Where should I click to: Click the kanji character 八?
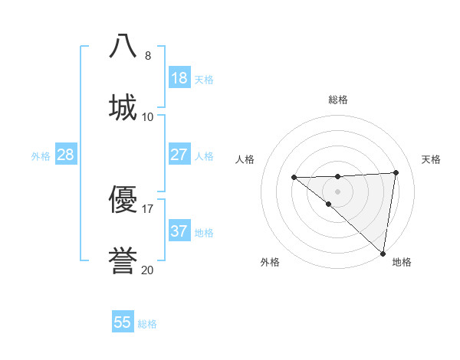(x=123, y=45)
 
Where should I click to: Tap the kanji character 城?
(x=123, y=106)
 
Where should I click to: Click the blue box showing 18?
(x=179, y=78)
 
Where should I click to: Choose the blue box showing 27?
(x=179, y=155)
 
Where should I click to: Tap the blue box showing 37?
(x=179, y=231)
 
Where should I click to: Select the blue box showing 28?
(x=66, y=155)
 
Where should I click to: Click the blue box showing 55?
(x=123, y=322)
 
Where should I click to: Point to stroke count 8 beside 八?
(x=148, y=55)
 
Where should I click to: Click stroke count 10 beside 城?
(x=148, y=116)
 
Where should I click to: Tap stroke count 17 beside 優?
(x=148, y=208)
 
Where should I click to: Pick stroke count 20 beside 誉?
(x=148, y=270)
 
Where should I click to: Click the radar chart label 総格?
(x=338, y=100)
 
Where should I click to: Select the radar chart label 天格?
(x=431, y=159)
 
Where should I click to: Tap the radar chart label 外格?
(x=270, y=262)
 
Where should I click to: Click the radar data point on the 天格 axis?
(x=396, y=172)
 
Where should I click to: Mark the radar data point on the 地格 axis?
(x=383, y=254)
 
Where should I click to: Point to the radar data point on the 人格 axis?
(x=294, y=178)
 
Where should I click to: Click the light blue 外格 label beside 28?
(x=41, y=155)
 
